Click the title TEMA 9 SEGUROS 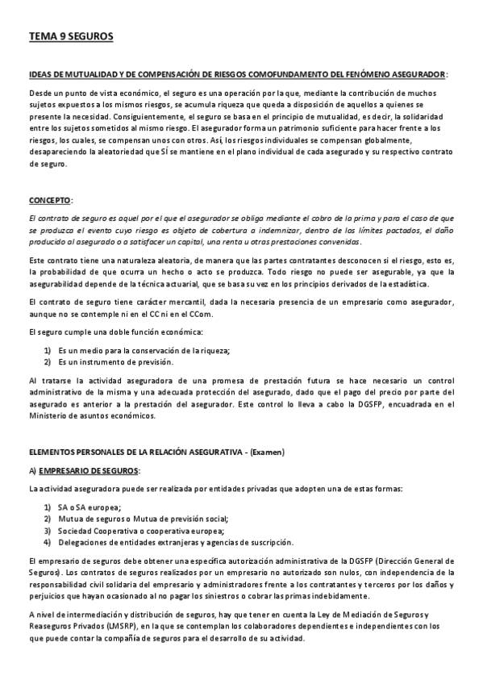click(x=71, y=36)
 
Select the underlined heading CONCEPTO click(x=49, y=199)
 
